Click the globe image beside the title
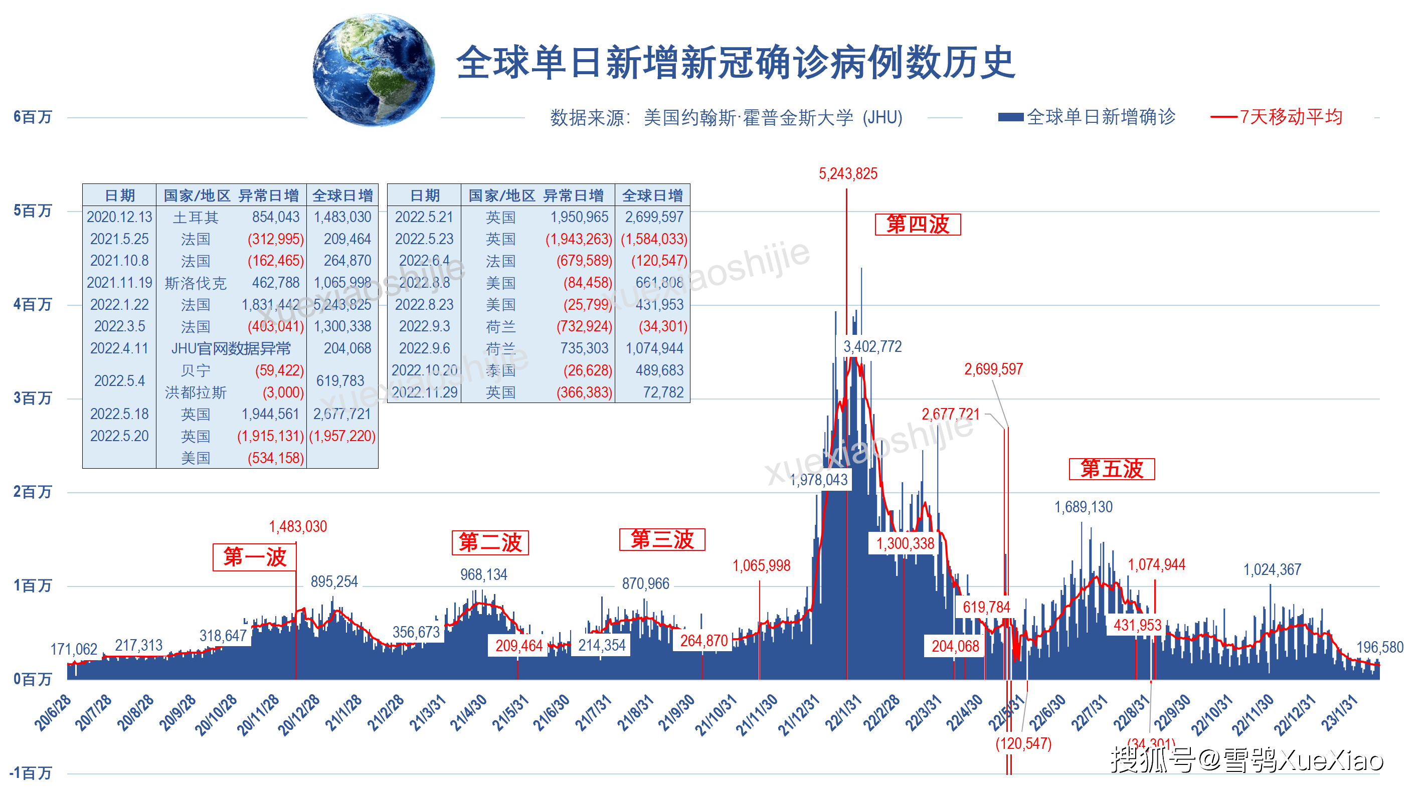pyautogui.click(x=373, y=70)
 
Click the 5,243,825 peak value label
pyautogui.click(x=847, y=174)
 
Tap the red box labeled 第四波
pyautogui.click(x=918, y=225)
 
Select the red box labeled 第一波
pyautogui.click(x=254, y=557)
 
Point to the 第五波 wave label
pyautogui.click(x=1111, y=469)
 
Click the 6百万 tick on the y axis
pyautogui.click(x=33, y=117)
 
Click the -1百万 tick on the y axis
pyautogui.click(x=31, y=773)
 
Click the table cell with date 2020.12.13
pyautogui.click(x=119, y=217)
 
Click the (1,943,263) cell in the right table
pyautogui.click(x=578, y=239)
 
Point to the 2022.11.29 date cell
pyautogui.click(x=424, y=392)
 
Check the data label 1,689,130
pyautogui.click(x=1083, y=507)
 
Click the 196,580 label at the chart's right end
pyautogui.click(x=1379, y=647)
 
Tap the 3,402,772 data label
pyautogui.click(x=872, y=347)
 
